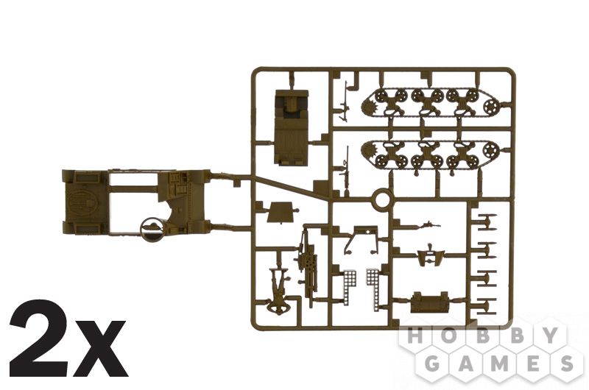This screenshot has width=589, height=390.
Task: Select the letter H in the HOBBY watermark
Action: point(415,336)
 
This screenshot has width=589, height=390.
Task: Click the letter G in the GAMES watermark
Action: point(433,364)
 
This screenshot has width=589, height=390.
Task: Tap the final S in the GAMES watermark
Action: point(566,364)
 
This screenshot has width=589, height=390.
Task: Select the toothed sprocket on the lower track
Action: point(370,150)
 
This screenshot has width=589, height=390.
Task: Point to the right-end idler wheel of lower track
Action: point(490,150)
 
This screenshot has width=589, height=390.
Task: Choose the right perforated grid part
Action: point(373,286)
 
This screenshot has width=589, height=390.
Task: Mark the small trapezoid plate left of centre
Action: point(280,212)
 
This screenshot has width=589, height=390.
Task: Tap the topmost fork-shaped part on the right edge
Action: point(487,221)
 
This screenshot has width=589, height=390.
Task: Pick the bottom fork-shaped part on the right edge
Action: point(487,307)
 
